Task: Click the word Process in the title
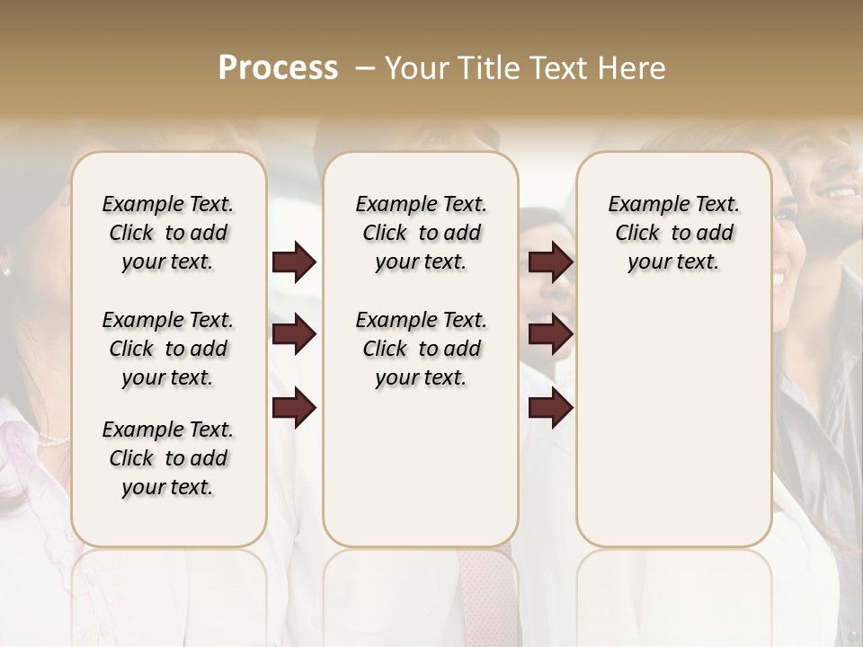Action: pos(278,68)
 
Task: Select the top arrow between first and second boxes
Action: pos(294,262)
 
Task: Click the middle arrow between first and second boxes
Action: pos(294,335)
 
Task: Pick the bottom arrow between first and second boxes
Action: pos(294,408)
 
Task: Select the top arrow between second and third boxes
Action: pos(550,262)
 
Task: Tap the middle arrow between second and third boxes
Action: pos(550,335)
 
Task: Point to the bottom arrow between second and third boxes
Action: pos(550,408)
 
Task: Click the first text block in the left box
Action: pos(168,233)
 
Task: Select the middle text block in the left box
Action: pos(168,349)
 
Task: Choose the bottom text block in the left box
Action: pos(168,458)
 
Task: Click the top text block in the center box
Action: pos(421,233)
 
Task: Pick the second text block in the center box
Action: pos(421,349)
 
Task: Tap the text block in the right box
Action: pos(673,233)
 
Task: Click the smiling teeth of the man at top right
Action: pos(841,192)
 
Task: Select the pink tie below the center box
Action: pos(486,593)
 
